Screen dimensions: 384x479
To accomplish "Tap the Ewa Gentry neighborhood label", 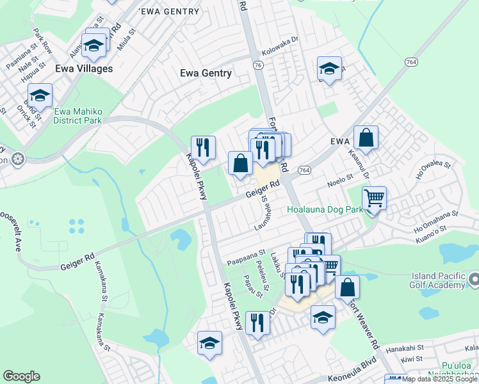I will [x=206, y=73].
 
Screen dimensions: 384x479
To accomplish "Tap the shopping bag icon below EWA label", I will [x=366, y=138].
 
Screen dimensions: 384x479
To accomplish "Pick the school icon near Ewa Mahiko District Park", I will [x=40, y=97].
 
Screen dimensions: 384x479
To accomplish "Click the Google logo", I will [x=21, y=376].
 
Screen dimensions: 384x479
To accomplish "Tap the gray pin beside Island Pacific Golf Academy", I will [x=473, y=280].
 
